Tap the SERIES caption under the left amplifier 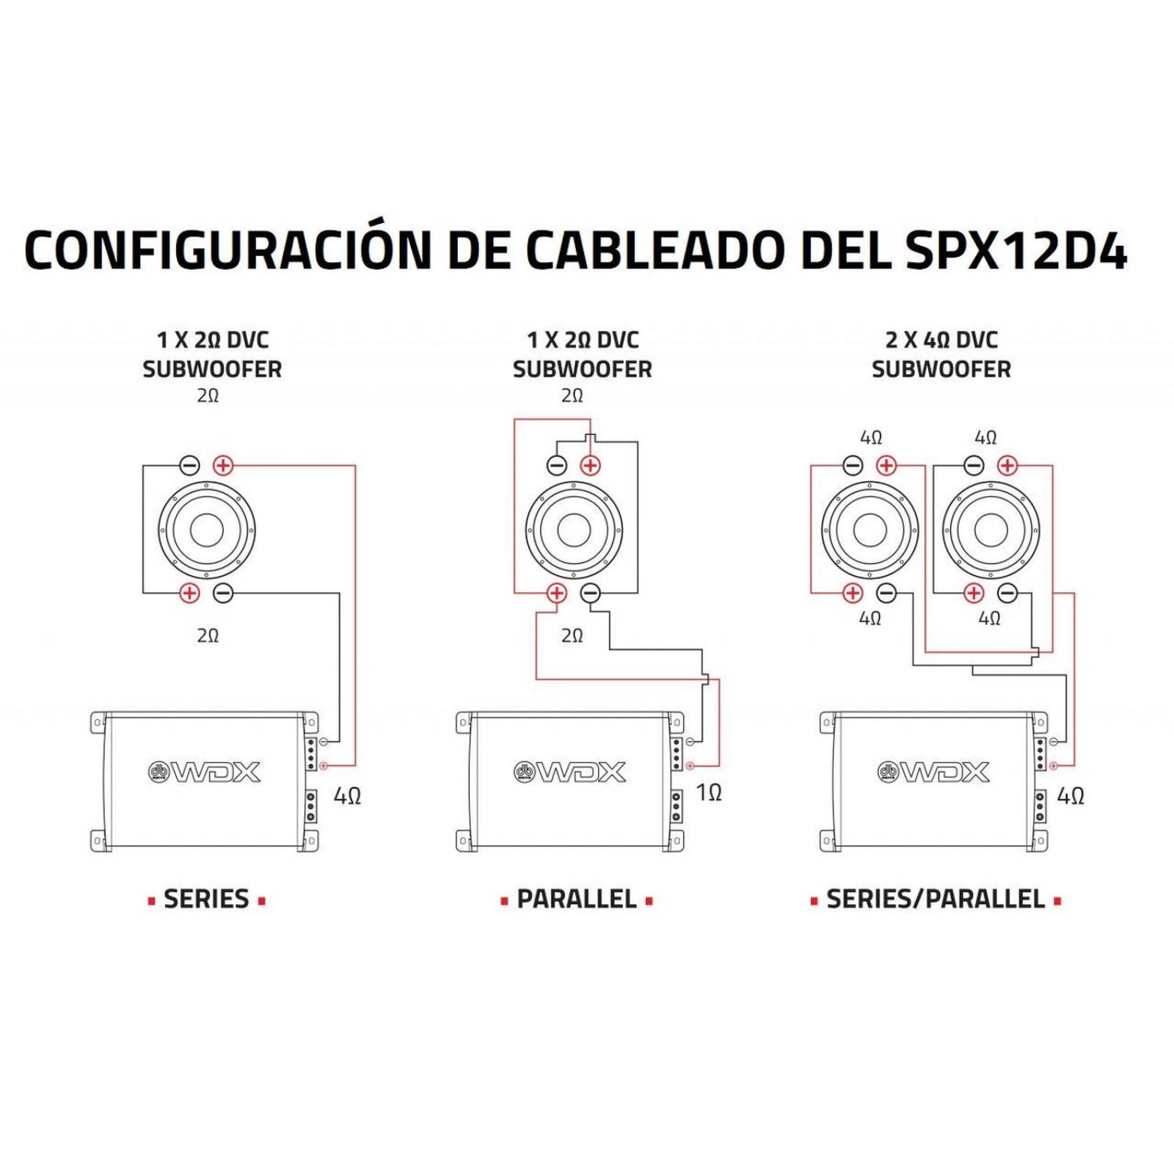[x=206, y=899]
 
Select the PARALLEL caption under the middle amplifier [x=577, y=899]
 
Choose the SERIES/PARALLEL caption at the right [x=936, y=899]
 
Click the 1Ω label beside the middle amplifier [x=709, y=792]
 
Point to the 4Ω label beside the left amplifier [x=347, y=796]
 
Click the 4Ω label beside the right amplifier [x=1071, y=796]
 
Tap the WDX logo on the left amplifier [x=205, y=772]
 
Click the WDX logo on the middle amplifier [x=569, y=772]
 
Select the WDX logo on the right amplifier [x=934, y=772]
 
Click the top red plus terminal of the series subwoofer [x=223, y=465]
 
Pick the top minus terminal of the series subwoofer [x=189, y=465]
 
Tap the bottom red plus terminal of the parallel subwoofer [x=557, y=593]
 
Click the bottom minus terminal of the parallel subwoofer [x=590, y=593]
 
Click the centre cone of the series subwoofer [x=206, y=529]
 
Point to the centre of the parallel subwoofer [x=574, y=529]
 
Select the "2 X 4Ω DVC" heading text [x=941, y=340]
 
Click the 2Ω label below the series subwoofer [x=208, y=635]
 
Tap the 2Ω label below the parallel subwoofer [x=572, y=635]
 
